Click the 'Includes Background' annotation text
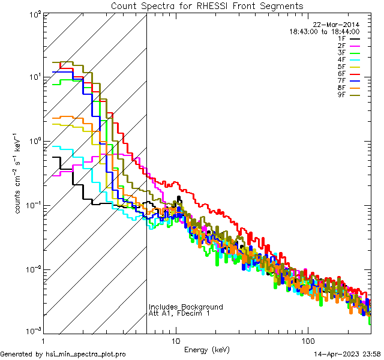(x=185, y=307)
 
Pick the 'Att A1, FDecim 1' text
(x=179, y=314)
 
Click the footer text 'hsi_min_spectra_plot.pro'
(x=86, y=354)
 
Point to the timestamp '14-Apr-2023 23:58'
(x=347, y=354)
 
